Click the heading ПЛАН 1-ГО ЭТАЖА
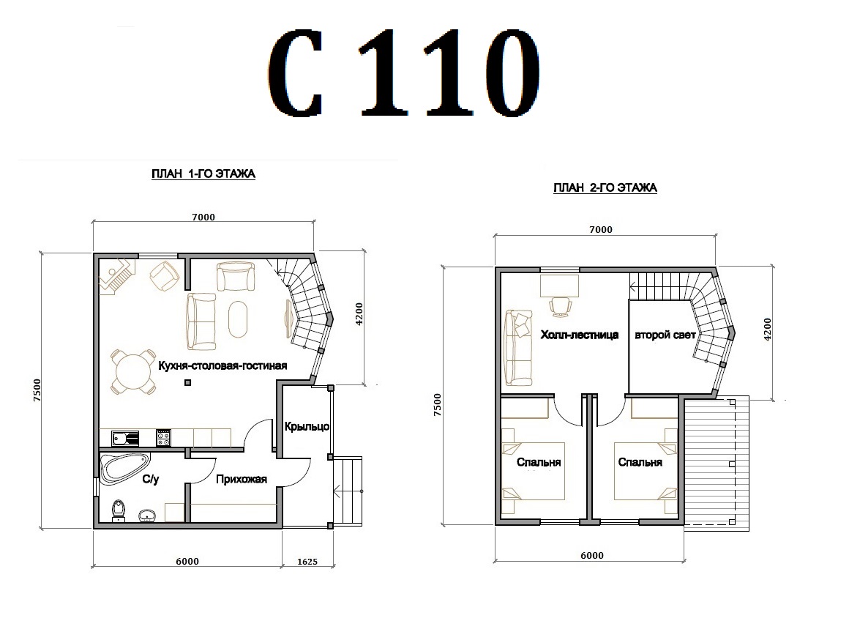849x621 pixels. [x=203, y=174]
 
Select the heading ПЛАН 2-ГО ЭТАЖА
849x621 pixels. [x=605, y=188]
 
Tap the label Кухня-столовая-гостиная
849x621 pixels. [x=222, y=365]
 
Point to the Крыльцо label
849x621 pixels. [x=307, y=426]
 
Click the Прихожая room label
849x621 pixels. [x=242, y=479]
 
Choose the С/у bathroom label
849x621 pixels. [x=151, y=479]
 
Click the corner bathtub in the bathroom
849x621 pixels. [x=124, y=469]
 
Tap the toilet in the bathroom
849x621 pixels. [x=119, y=510]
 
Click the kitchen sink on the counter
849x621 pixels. [x=125, y=438]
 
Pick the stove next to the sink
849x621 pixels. [x=163, y=438]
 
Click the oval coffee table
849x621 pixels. [x=239, y=319]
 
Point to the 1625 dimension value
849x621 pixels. [x=307, y=562]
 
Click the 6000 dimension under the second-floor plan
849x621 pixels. [x=592, y=555]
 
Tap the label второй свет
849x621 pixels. [x=665, y=335]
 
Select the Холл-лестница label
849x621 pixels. [x=580, y=335]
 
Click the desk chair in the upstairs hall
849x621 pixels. [x=560, y=305]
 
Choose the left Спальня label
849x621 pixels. [x=538, y=462]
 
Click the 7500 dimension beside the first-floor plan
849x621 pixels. [x=37, y=390]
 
